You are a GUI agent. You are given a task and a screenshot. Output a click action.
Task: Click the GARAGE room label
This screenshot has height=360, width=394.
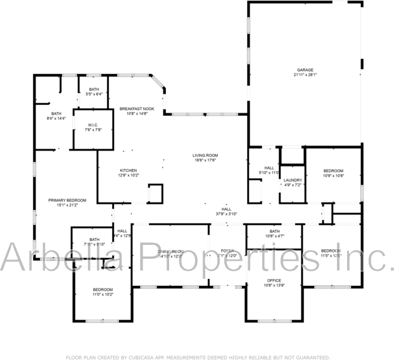(x=305, y=70)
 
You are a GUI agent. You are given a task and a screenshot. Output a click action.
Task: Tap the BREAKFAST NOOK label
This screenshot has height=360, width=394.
(x=137, y=109)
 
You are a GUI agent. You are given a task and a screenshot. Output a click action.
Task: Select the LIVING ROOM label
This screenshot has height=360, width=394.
(x=205, y=155)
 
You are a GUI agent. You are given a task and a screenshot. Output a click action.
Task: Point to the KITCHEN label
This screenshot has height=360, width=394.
(x=129, y=170)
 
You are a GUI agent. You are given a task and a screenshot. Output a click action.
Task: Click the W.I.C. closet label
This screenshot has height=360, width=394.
(x=92, y=124)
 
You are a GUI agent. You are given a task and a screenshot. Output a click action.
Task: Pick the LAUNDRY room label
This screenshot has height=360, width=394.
(x=293, y=180)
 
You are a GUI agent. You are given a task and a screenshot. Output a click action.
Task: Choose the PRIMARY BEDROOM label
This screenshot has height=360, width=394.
(x=67, y=200)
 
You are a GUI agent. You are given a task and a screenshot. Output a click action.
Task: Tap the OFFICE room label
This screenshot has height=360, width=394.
(x=274, y=280)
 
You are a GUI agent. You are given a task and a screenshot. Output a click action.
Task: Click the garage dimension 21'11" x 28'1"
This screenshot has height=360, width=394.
(x=305, y=75)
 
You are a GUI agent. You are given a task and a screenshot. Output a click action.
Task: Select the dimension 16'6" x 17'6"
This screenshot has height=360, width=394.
(x=205, y=160)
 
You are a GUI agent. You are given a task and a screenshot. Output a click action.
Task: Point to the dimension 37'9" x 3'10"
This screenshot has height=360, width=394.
(x=226, y=214)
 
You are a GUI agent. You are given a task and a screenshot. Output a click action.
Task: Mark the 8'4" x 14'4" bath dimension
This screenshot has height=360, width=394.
(x=56, y=118)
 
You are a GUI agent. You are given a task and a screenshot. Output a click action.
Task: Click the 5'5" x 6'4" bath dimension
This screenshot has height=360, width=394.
(x=94, y=94)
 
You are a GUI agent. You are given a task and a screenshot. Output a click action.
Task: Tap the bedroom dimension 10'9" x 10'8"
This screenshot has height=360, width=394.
(x=333, y=176)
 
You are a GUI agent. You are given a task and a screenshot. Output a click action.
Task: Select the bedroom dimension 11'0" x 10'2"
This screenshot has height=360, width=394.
(x=103, y=295)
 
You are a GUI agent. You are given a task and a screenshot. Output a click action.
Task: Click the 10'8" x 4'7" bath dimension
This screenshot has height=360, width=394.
(x=274, y=237)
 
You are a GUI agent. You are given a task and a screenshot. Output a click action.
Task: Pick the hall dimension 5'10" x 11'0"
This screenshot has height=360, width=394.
(x=269, y=172)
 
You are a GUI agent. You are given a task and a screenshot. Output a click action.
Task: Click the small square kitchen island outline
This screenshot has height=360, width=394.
(x=155, y=192)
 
